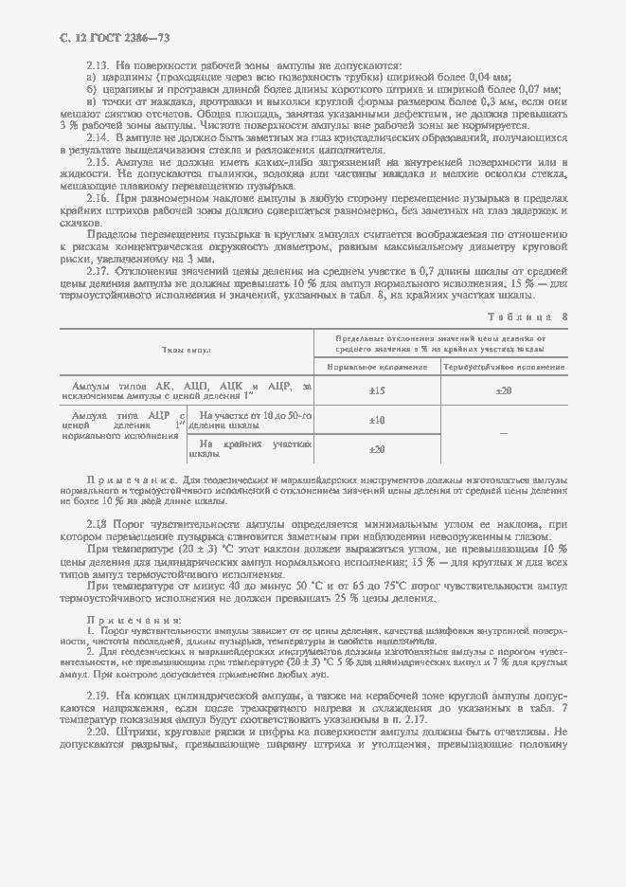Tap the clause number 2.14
[x=99, y=138]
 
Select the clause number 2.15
[x=99, y=163]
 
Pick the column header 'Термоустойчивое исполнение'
[x=504, y=366]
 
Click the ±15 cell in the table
[x=376, y=390]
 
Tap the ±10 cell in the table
[x=376, y=420]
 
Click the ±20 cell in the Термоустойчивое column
[x=504, y=390]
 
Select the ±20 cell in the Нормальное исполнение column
[x=376, y=449]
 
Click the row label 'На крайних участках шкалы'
[x=250, y=448]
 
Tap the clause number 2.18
[x=99, y=524]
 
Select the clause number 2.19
[x=99, y=697]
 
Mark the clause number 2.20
[x=99, y=733]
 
